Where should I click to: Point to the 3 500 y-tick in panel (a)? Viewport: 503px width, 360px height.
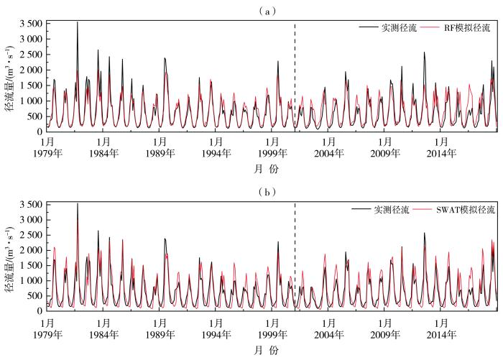tap(32, 24)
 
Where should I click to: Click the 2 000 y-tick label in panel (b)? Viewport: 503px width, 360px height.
tap(32, 251)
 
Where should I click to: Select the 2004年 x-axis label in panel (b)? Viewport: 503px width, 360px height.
tap(329, 334)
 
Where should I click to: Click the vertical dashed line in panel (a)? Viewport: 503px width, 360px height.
tap(295, 79)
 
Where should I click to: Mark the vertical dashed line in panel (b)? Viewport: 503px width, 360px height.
tap(295, 259)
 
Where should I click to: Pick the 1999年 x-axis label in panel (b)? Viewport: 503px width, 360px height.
tap(273, 334)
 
